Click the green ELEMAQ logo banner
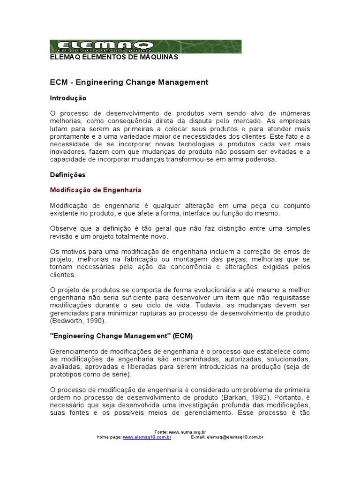pyautogui.click(x=145, y=46)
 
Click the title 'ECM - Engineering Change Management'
pyautogui.click(x=129, y=82)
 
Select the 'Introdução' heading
pyautogui.click(x=68, y=98)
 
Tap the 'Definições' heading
pyautogui.click(x=67, y=174)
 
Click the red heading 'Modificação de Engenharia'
pyautogui.click(x=96, y=190)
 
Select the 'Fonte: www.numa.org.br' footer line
pyautogui.click(x=180, y=432)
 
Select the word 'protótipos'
pyautogui.click(x=65, y=375)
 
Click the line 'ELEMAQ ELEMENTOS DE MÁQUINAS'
pyautogui.click(x=114, y=57)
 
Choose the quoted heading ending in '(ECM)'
pyautogui.click(x=121, y=336)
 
